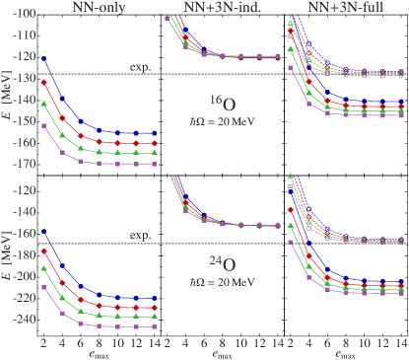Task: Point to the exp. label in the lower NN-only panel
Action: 140,236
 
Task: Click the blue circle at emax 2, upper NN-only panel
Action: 44,59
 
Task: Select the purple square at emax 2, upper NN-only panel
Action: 44,126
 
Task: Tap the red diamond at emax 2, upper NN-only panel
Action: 44,83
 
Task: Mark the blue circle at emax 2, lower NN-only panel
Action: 44,232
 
